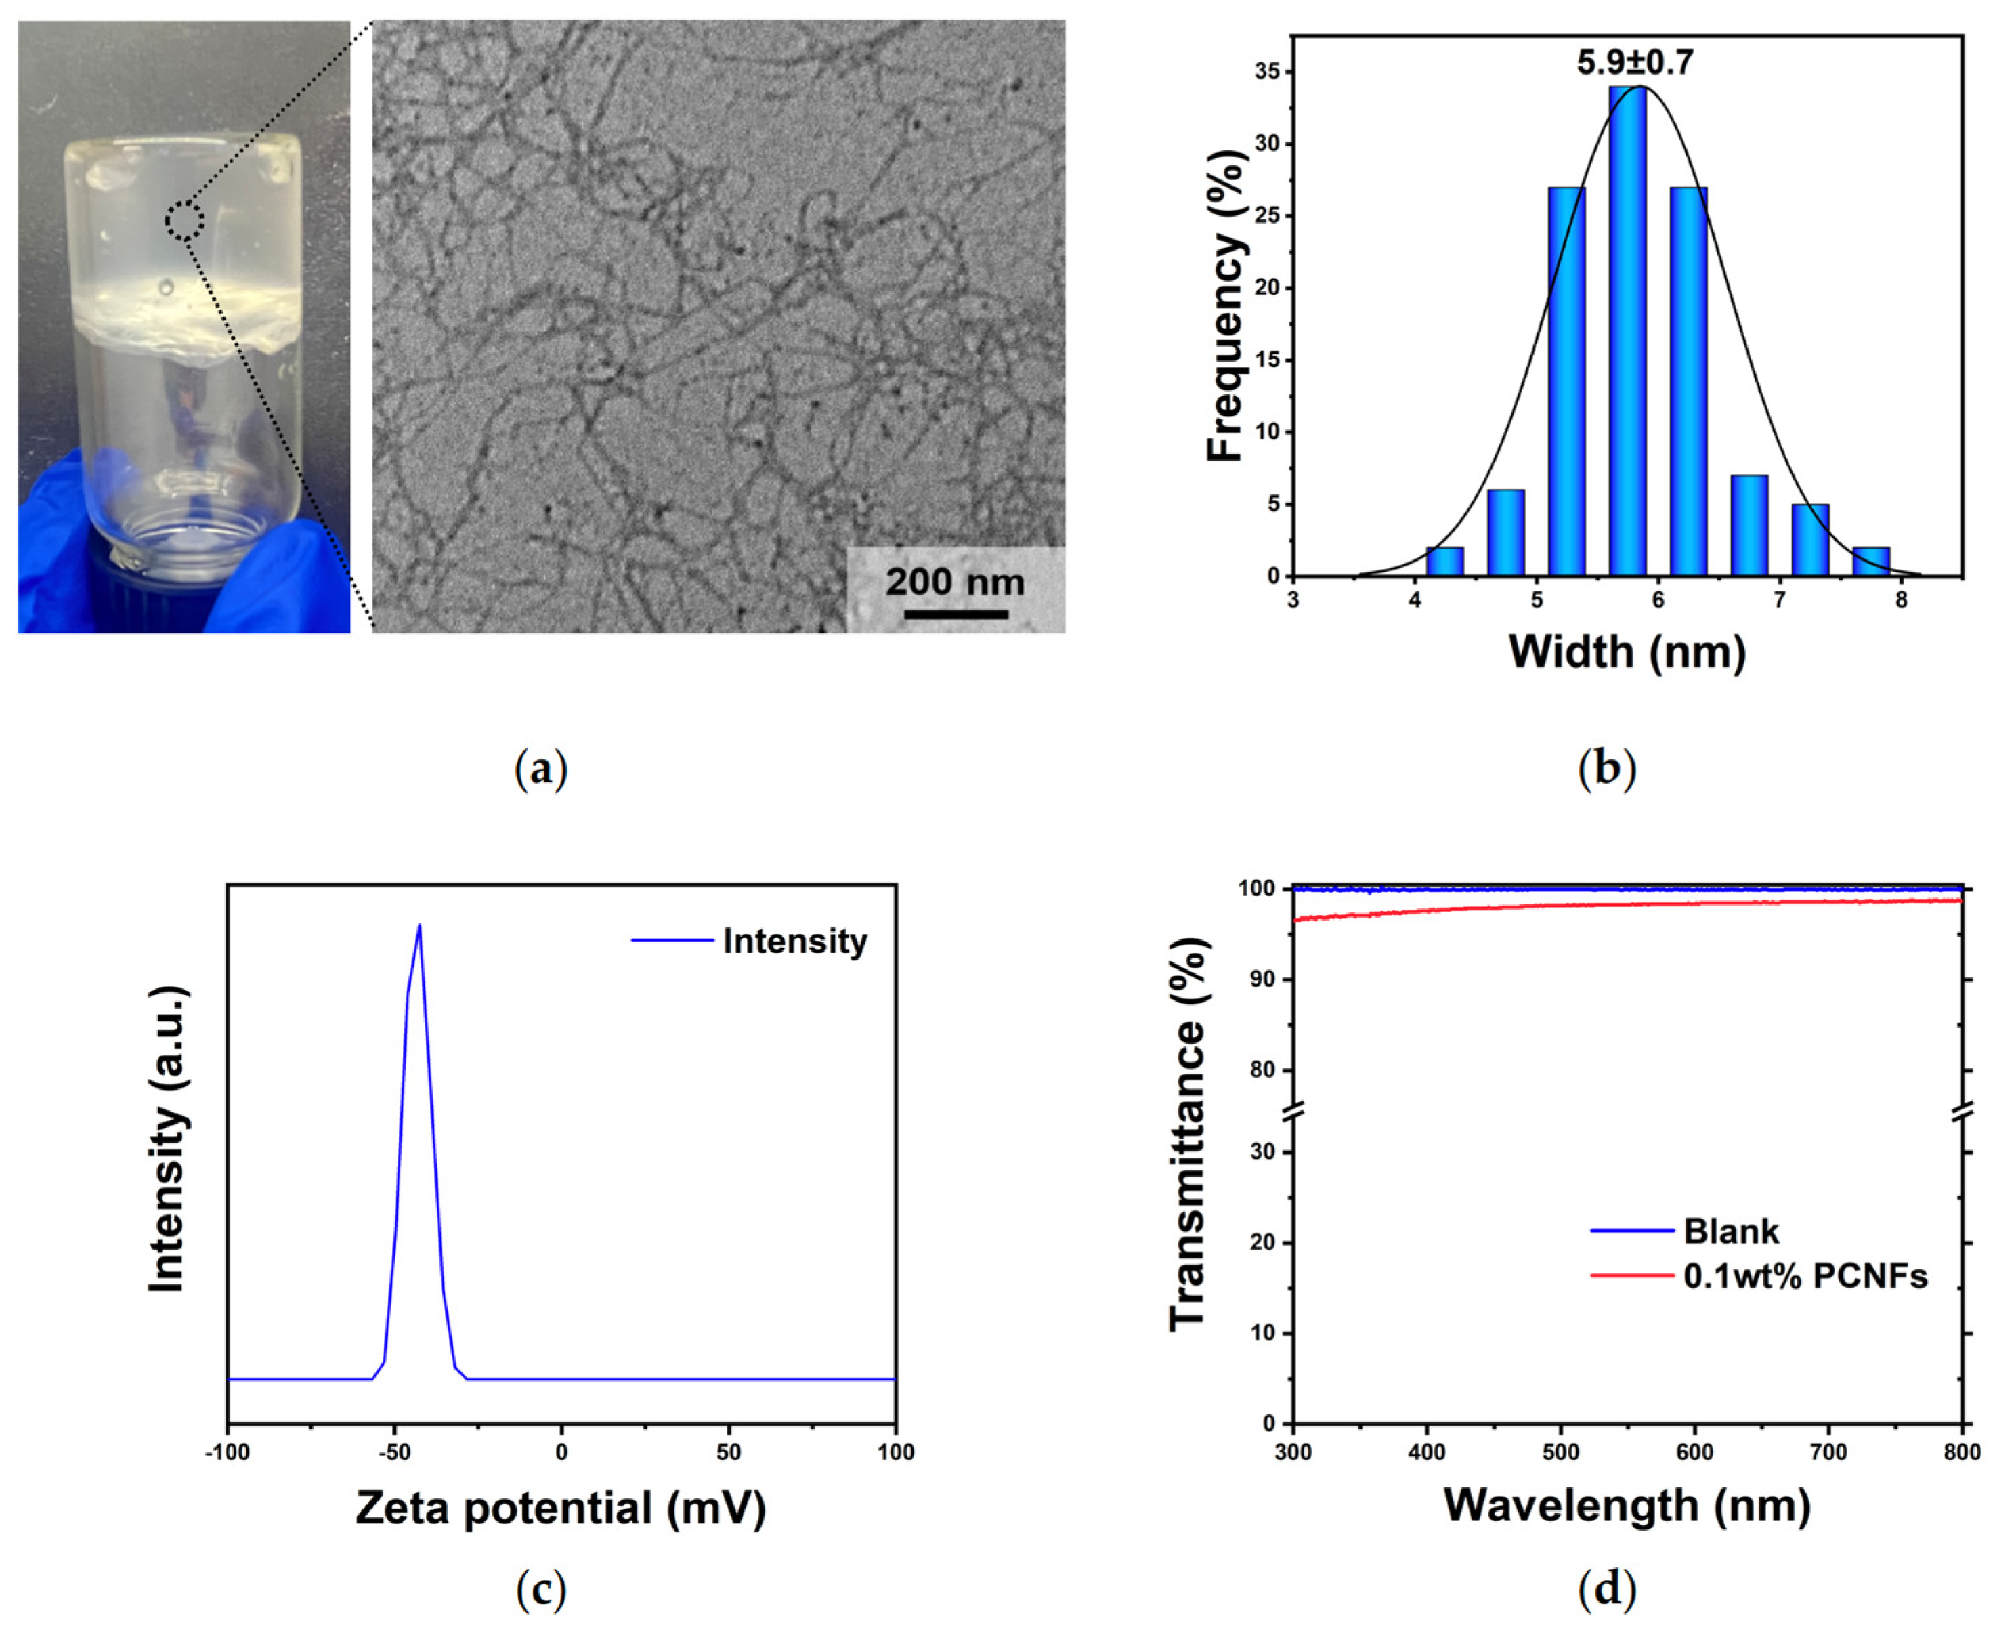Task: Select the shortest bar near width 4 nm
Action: pos(1444,561)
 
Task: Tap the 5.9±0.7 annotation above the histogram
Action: pos(1635,63)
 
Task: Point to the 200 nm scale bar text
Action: pos(955,582)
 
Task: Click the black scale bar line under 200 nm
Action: pos(956,614)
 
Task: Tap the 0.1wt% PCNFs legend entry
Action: pos(1759,1276)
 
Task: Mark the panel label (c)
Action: pos(541,1590)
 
